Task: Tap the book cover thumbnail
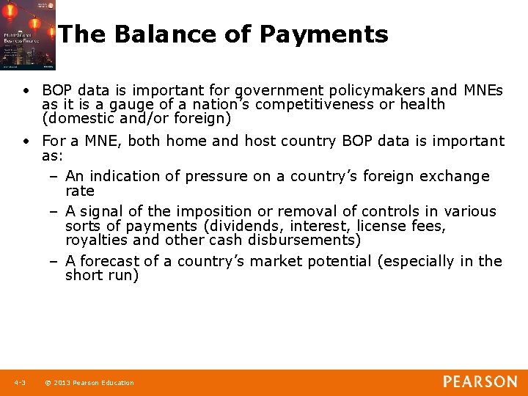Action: click(x=27, y=35)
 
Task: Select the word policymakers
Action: click(x=359, y=90)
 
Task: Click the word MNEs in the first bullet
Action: click(x=483, y=90)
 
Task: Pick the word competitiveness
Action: click(x=321, y=104)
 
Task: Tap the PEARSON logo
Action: click(x=480, y=381)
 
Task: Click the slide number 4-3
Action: click(x=19, y=383)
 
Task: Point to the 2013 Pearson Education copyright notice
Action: click(x=89, y=383)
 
